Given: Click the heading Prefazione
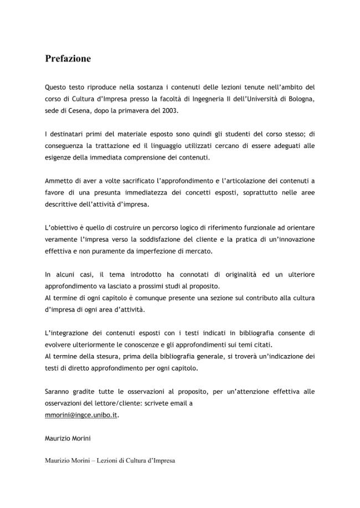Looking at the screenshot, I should pos(68,59).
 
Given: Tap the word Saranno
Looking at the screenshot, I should pos(58,392).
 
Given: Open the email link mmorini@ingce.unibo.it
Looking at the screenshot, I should pos(81,414).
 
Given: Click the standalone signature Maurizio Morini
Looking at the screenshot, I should pos(67,438).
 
